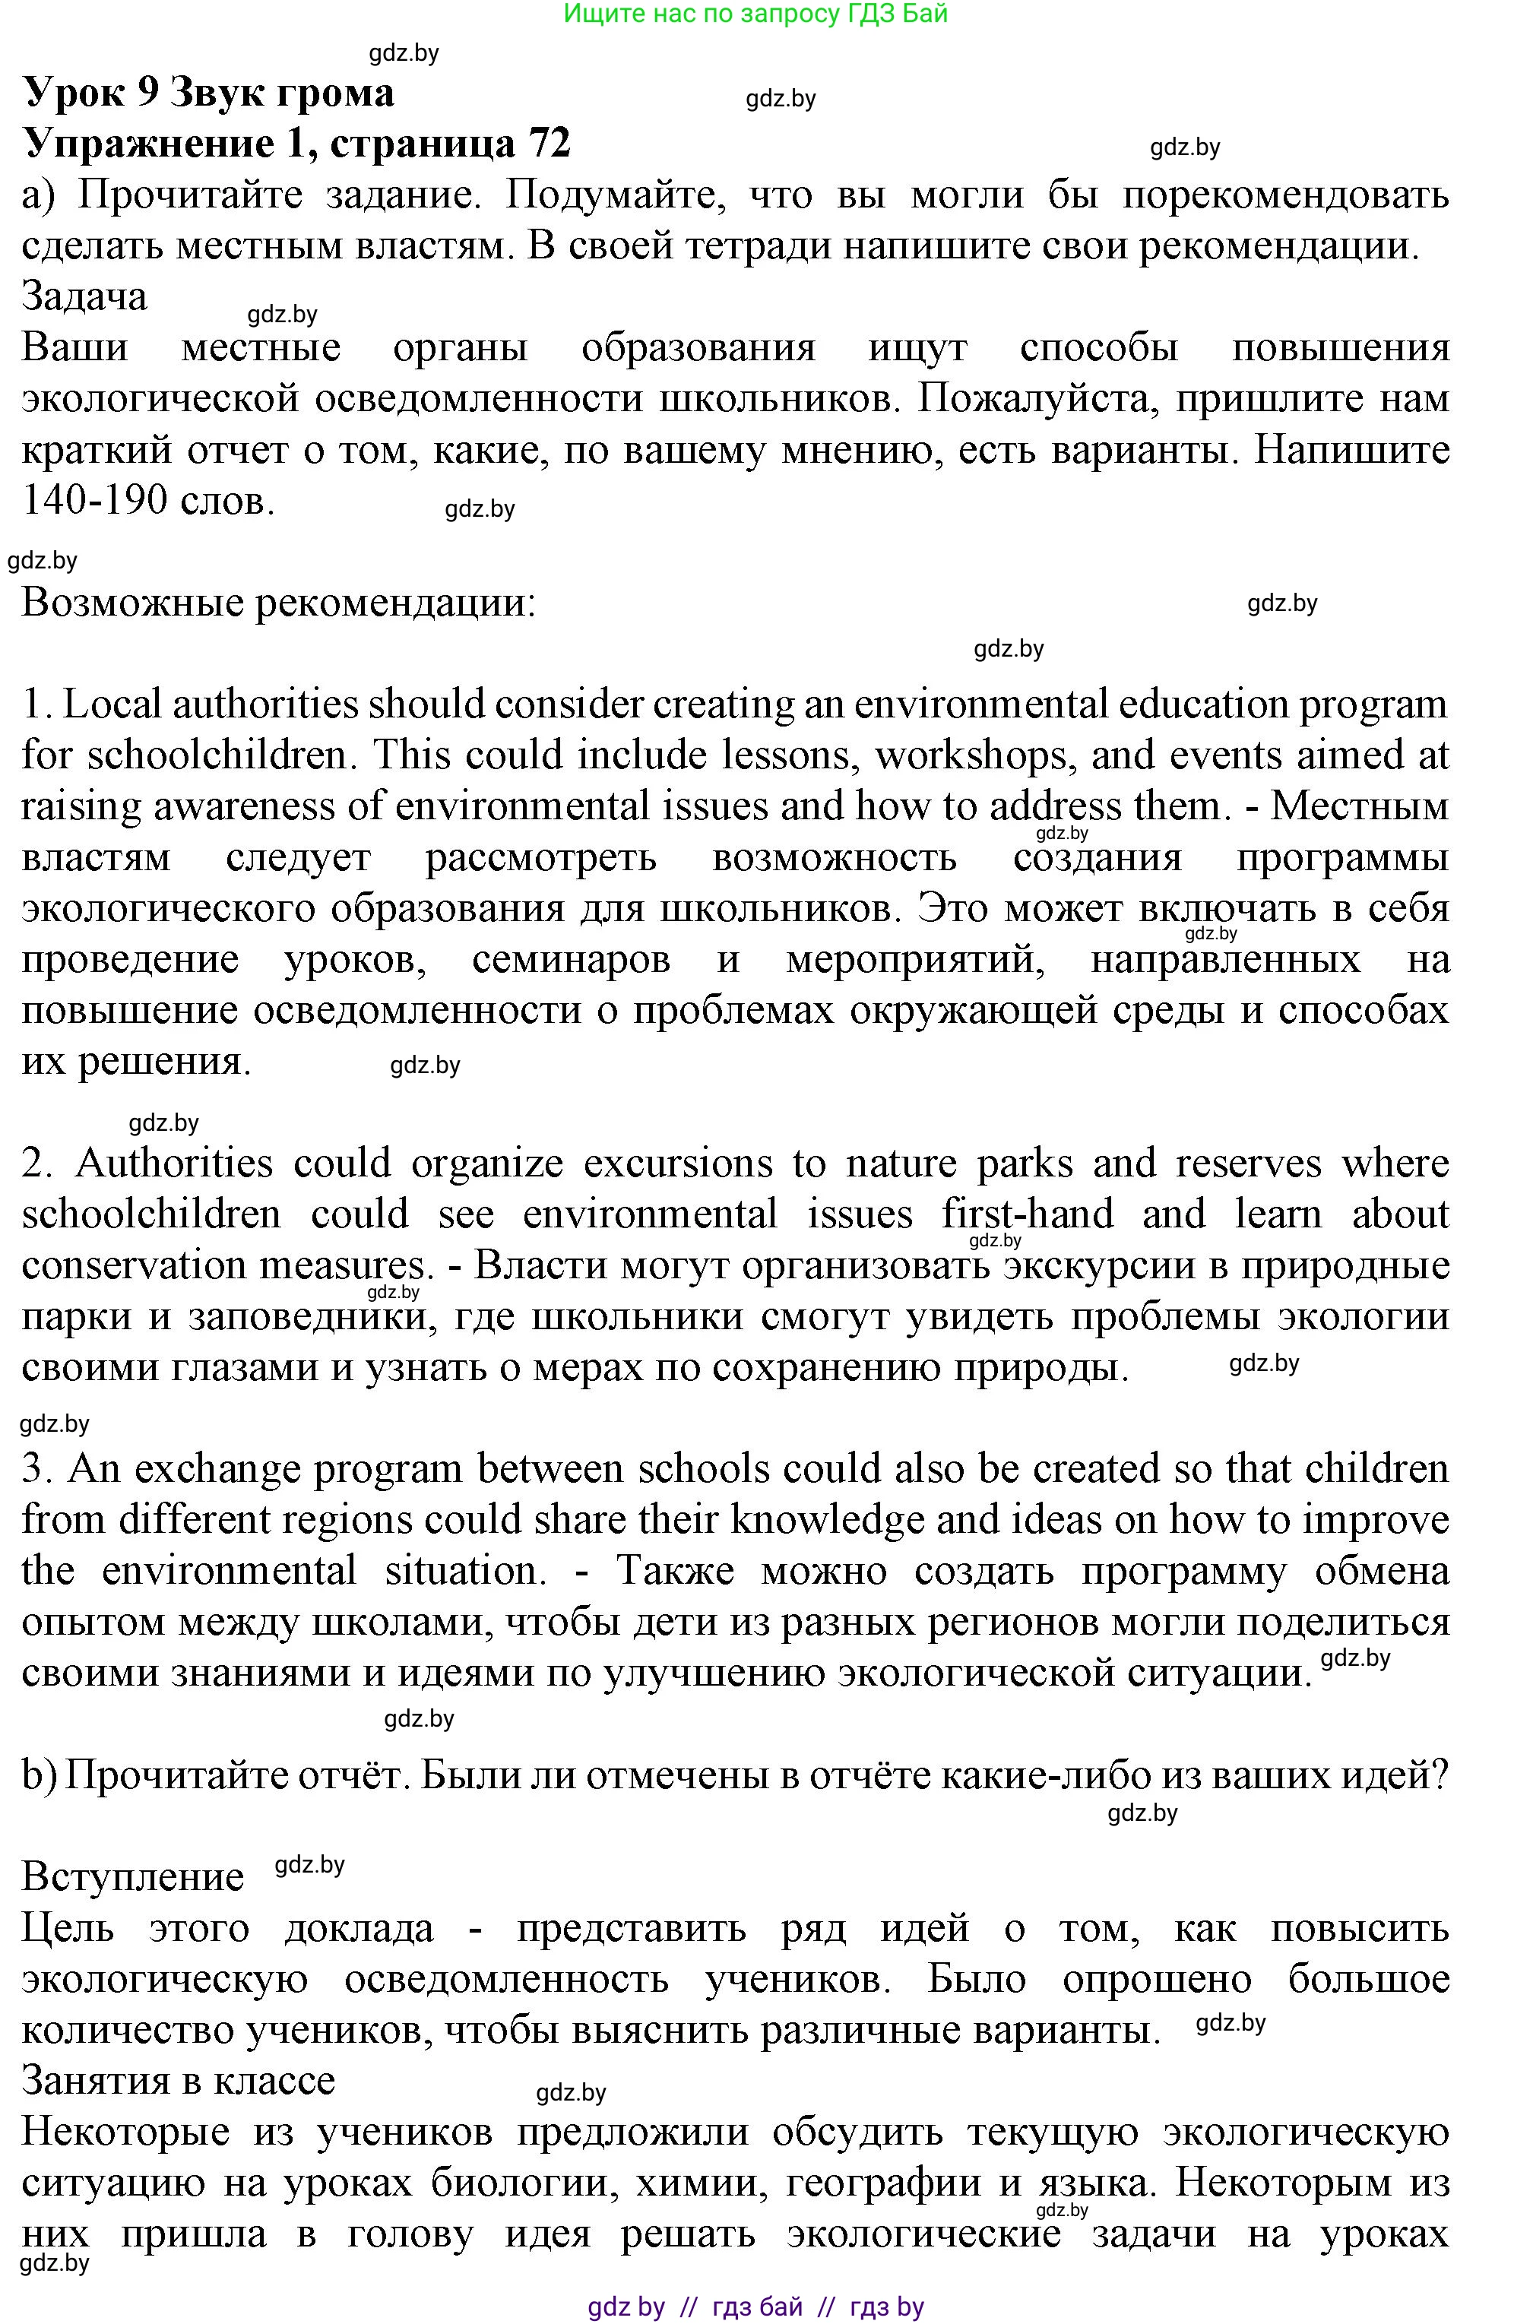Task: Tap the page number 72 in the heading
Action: click(x=549, y=144)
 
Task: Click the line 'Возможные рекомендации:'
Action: click(x=278, y=603)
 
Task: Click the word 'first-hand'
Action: click(x=1027, y=1214)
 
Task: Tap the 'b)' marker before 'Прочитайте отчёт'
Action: click(x=38, y=1775)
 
